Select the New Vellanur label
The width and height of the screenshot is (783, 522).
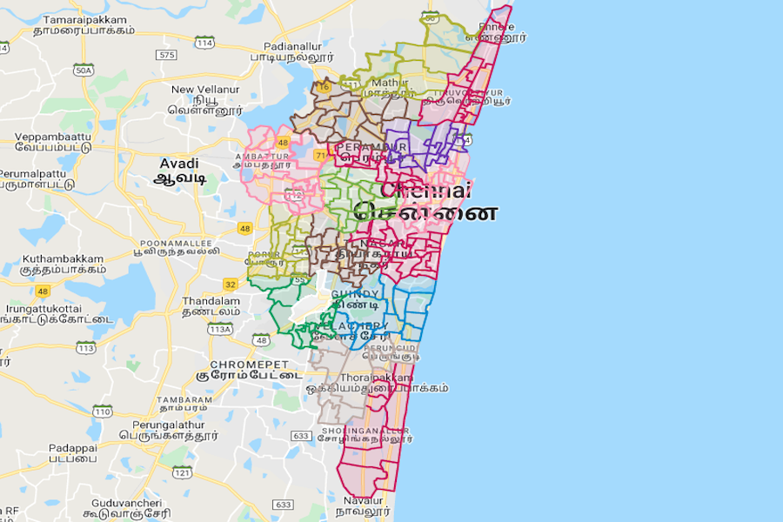(205, 89)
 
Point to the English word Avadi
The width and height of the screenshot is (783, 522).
(179, 164)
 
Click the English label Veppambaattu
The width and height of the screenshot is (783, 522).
(52, 137)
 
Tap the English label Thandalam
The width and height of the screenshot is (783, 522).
(211, 300)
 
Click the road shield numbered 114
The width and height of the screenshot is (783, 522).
(205, 42)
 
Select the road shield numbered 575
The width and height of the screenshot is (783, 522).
(165, 54)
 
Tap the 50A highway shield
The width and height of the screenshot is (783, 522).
(84, 70)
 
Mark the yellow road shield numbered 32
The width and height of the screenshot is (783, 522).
(230, 284)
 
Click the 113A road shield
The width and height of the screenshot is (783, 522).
(220, 330)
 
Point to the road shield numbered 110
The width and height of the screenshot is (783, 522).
(103, 411)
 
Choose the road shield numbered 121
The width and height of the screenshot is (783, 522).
(182, 472)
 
